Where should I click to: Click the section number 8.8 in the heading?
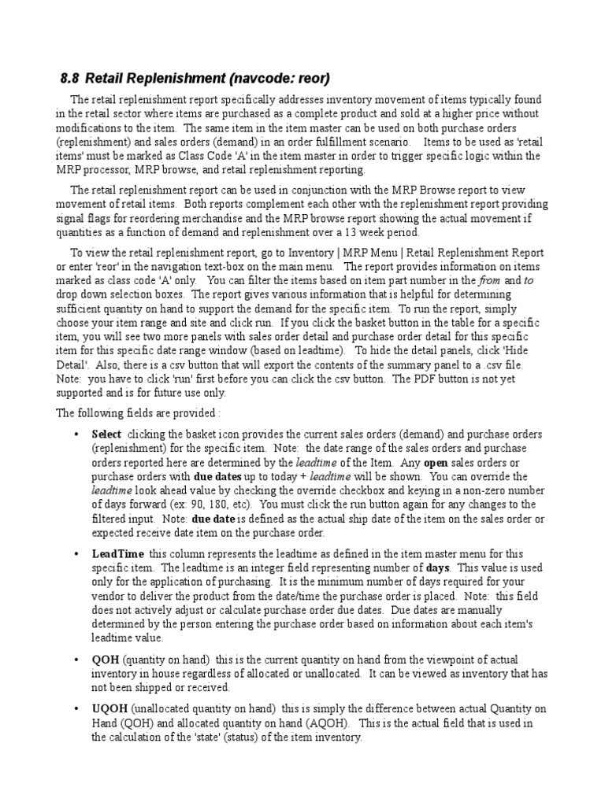click(69, 79)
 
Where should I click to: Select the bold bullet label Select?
click(106, 434)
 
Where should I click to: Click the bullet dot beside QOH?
click(76, 660)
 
